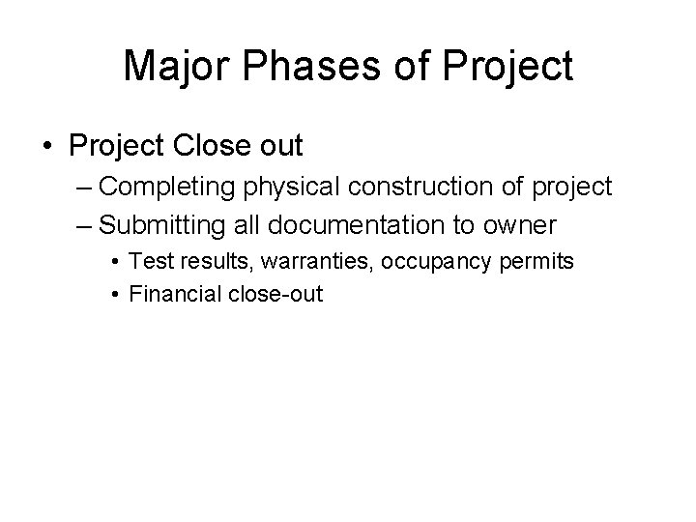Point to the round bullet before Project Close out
pos(47,147)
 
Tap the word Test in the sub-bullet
pos(146,261)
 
